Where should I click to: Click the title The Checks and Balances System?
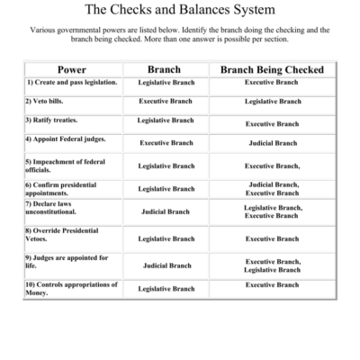tap(179, 11)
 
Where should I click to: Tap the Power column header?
tap(71, 69)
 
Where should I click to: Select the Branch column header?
tap(165, 69)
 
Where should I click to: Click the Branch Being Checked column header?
tap(272, 69)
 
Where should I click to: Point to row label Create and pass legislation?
tap(72, 82)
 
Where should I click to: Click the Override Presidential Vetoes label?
tap(64, 238)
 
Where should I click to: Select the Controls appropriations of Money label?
tap(70, 288)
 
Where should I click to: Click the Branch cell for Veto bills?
tap(166, 101)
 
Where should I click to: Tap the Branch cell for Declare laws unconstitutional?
tap(166, 212)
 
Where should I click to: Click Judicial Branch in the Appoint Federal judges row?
tap(273, 143)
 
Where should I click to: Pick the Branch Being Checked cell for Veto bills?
tap(273, 102)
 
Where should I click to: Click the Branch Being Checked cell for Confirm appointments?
tap(273, 188)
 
